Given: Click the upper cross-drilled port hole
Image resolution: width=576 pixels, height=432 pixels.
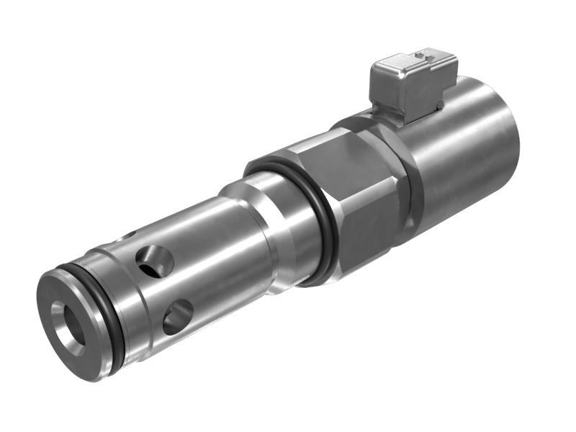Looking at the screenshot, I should [156, 261].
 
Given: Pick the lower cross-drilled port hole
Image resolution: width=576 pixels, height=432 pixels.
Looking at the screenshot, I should [177, 317].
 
